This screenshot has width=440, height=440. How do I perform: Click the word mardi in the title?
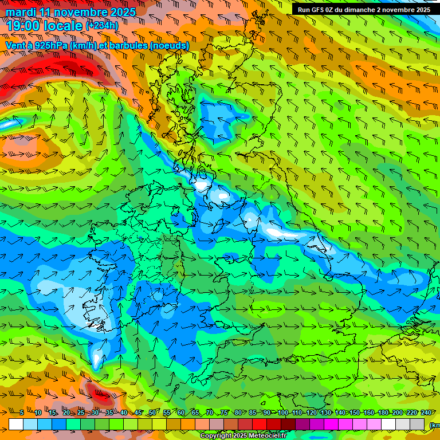point(22,12)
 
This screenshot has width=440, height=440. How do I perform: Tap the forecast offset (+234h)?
point(102,26)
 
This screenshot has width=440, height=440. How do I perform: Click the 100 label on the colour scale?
point(283,412)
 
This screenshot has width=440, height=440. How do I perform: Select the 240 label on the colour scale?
point(426,412)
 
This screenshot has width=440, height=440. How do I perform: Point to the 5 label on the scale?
point(22,412)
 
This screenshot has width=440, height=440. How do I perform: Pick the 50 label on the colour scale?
point(152,412)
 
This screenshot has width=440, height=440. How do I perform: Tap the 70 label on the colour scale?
point(210,412)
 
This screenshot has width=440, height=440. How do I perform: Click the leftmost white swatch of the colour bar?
point(16,424)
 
